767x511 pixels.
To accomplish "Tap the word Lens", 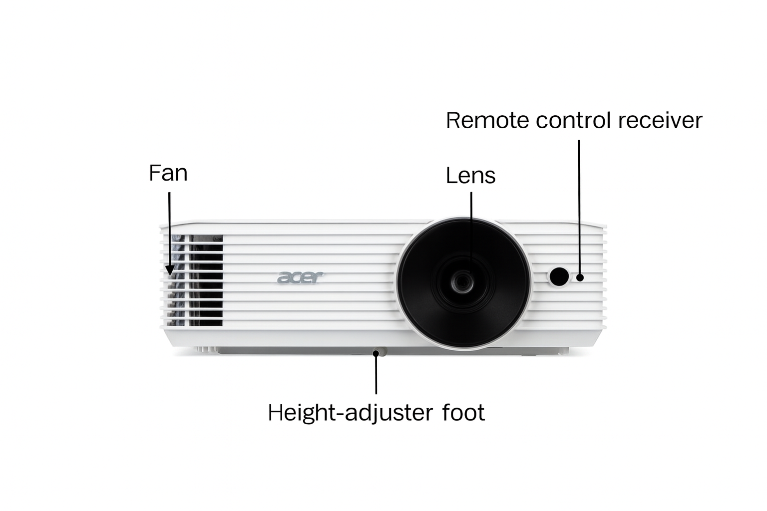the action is (470, 176).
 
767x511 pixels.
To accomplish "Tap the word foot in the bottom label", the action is (463, 412).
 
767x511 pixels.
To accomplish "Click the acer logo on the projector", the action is (300, 277).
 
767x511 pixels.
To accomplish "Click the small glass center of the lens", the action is (462, 281).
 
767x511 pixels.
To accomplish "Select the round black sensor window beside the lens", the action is (559, 276).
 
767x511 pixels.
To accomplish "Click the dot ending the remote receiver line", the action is (580, 277).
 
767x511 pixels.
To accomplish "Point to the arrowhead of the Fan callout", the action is (169, 270).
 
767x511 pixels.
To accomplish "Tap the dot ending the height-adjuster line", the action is (376, 353).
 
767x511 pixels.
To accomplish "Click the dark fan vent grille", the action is (195, 280).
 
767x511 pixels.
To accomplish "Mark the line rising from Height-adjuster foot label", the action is (376, 374).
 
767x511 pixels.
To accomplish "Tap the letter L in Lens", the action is (451, 176).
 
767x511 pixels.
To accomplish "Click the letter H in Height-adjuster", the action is (275, 412).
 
